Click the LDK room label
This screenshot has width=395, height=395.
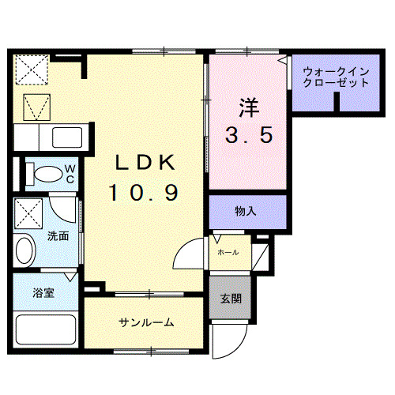tap(145, 161)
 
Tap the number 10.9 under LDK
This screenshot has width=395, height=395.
tap(145, 190)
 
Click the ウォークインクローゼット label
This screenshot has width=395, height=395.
tap(336, 77)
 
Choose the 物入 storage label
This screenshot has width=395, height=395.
tap(246, 211)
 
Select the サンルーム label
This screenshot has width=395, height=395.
tap(146, 322)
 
